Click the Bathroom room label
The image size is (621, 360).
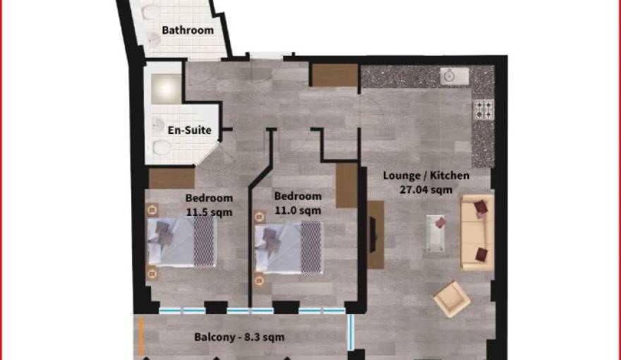point(187,30)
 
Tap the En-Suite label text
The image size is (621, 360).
point(189,130)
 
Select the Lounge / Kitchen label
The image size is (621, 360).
point(426,176)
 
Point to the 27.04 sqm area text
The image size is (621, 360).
point(426,189)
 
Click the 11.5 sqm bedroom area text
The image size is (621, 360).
point(208,211)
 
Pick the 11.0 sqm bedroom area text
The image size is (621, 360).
point(297,210)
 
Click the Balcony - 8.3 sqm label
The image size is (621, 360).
point(239,337)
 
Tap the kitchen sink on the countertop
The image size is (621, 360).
point(450,76)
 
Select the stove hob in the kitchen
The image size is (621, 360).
point(483,109)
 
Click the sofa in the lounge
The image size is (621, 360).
point(477,232)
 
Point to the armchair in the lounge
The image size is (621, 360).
point(451,299)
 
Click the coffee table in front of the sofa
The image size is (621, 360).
point(436,234)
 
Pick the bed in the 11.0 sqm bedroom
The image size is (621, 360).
point(289,247)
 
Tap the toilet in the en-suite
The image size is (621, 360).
point(162,147)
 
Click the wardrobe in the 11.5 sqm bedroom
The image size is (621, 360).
point(171,179)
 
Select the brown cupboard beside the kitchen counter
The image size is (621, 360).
point(334,76)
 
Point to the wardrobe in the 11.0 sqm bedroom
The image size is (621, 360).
point(346,186)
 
